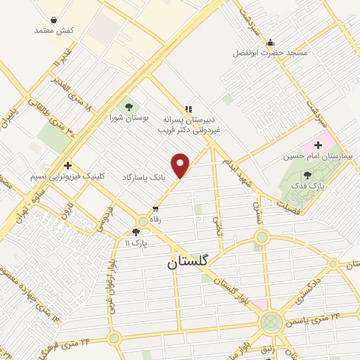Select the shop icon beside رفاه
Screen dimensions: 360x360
155,210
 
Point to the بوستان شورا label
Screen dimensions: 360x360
127,118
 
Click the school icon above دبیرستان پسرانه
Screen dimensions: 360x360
188,108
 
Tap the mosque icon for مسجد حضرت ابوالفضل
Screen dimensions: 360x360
270,41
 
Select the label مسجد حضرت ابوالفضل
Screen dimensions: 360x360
269,53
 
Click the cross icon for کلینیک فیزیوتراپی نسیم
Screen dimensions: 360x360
68,165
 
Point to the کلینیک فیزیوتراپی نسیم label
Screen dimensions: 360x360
67,176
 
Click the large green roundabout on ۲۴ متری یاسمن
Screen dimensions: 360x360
271,323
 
